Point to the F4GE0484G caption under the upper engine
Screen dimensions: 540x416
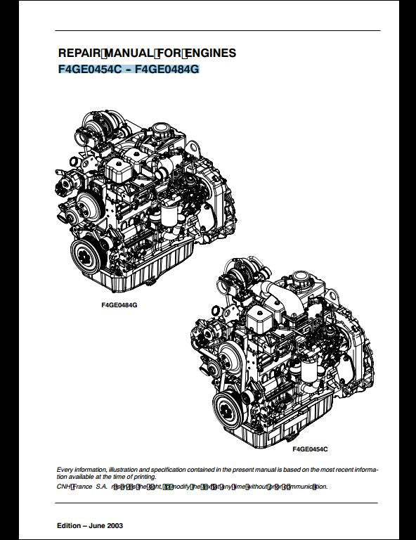[119, 307]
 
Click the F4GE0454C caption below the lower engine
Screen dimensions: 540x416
[310, 448]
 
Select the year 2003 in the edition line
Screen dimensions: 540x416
[115, 526]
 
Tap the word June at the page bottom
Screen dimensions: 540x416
[94, 526]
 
